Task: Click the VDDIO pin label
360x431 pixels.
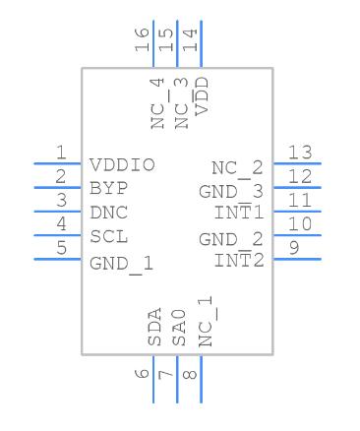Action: tap(122, 165)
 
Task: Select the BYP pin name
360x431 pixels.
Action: tap(108, 189)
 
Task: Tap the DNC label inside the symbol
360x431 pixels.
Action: tap(108, 213)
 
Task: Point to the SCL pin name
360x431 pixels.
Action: tap(108, 236)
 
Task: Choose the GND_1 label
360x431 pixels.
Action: tap(121, 265)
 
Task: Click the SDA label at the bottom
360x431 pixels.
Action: tap(154, 327)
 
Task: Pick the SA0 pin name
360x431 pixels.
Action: tap(179, 328)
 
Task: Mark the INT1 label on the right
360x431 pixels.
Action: tap(239, 212)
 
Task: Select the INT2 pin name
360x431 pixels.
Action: tap(239, 260)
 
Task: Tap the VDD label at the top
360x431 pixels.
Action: tap(202, 96)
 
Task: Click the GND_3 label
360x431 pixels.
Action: tap(231, 192)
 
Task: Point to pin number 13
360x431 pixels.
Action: tap(300, 153)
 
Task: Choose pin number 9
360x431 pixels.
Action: tap(294, 248)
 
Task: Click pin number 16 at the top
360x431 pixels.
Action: tap(142, 39)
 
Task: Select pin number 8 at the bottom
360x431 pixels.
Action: tap(190, 375)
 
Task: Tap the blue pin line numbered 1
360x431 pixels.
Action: tap(58, 163)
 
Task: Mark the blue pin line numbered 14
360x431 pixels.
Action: tap(201, 44)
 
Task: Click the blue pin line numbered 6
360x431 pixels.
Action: tap(153, 379)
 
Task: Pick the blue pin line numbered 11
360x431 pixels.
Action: tap(297, 212)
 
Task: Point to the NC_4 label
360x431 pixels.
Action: tap(157, 103)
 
